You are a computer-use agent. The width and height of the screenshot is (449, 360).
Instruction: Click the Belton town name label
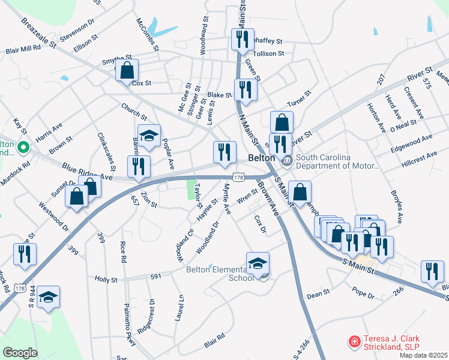tap(261, 158)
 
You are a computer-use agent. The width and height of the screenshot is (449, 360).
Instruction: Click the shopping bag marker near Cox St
tap(127, 71)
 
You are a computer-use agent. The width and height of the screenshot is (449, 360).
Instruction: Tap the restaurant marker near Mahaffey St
tap(243, 40)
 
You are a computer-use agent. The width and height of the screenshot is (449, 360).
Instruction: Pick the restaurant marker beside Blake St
tap(246, 90)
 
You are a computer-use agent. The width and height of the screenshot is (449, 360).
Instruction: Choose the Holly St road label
tap(106, 279)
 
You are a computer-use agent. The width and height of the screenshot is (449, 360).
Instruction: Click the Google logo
tap(20, 352)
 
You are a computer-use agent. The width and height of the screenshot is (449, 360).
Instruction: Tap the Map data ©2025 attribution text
tap(423, 355)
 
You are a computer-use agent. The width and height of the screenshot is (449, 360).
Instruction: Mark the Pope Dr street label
tap(363, 296)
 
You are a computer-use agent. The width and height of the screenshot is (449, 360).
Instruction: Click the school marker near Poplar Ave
tap(149, 136)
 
